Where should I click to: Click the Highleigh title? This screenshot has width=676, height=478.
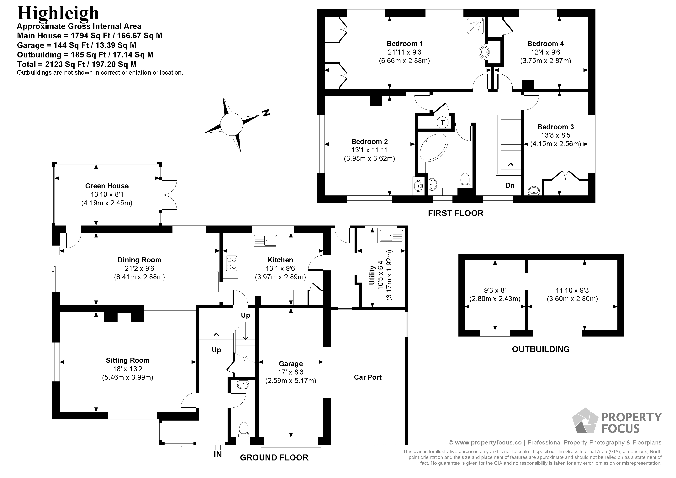pyautogui.click(x=58, y=13)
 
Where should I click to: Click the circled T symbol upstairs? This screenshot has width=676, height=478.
pyautogui.click(x=442, y=122)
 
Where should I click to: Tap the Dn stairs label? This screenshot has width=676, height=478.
pyautogui.click(x=510, y=185)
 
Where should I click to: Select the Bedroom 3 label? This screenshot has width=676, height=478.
pyautogui.click(x=555, y=127)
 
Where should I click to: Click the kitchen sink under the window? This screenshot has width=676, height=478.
pyautogui.click(x=265, y=240)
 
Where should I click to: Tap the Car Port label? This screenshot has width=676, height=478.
pyautogui.click(x=367, y=377)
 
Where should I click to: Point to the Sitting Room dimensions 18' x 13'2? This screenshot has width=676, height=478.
pyautogui.click(x=128, y=369)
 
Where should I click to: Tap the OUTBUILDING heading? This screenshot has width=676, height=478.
pyautogui.click(x=541, y=349)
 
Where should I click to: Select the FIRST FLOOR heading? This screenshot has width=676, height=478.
pyautogui.click(x=456, y=213)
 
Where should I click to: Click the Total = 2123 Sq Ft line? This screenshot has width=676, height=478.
pyautogui.click(x=77, y=64)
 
